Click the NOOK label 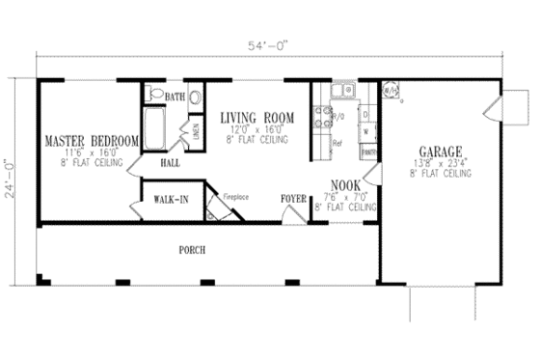point(345,184)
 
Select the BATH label point(175,97)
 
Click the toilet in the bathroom point(154,94)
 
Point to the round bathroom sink point(196,97)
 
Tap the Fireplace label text point(236,196)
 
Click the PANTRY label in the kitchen point(367,152)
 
